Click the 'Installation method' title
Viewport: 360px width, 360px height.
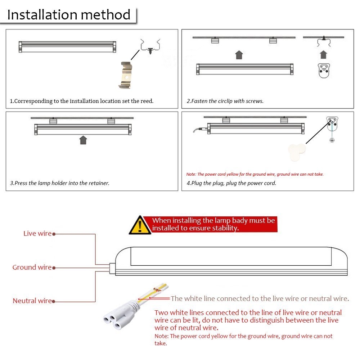tap(69, 15)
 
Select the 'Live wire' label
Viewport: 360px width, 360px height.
tap(37, 234)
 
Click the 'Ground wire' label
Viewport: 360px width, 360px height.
tap(32, 267)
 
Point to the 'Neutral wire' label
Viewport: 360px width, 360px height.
tap(32, 301)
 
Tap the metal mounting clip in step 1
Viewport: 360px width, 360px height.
tap(125, 75)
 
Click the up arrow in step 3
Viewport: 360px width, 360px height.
tap(83, 140)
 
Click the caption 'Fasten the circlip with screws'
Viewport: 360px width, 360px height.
tap(225, 101)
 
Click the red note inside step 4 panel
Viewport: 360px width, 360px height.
tap(255, 174)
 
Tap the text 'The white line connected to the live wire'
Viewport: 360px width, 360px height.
tap(259, 298)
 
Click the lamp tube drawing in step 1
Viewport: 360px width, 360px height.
tap(67, 47)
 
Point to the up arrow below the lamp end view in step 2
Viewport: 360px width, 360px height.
tap(323, 55)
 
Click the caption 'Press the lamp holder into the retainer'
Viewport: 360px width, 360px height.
tap(60, 183)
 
